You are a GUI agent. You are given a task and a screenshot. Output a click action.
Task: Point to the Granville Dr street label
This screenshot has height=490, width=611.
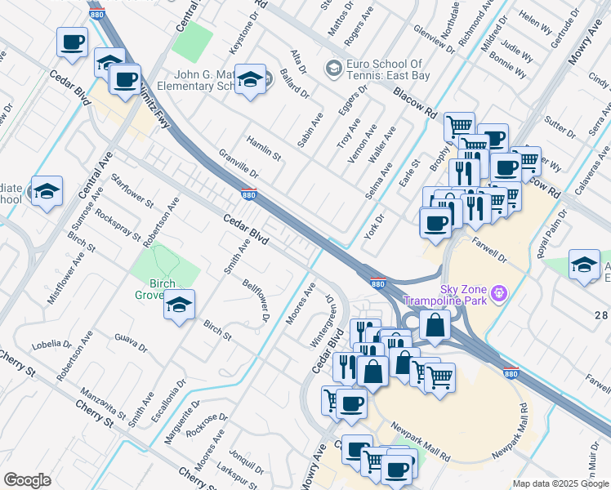[x=239, y=164]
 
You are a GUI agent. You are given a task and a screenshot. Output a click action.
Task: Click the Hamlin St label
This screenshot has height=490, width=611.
[x=264, y=145]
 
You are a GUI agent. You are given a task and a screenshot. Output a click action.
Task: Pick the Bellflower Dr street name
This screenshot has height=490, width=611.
[x=256, y=300]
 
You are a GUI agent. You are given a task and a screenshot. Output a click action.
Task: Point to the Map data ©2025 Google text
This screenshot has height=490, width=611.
[x=560, y=483]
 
